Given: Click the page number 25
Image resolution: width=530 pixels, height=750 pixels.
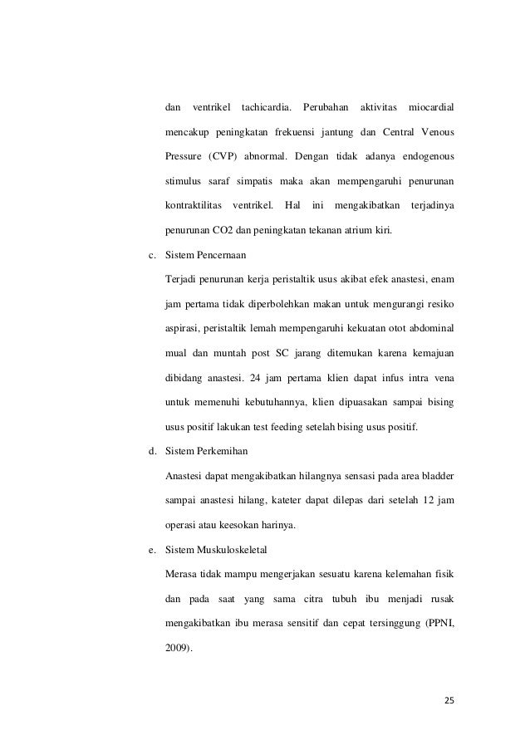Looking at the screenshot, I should tap(449, 699).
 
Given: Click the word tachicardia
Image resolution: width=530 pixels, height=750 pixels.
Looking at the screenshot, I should tap(266, 108).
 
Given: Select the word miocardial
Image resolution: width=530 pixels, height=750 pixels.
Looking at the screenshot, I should tap(431, 108).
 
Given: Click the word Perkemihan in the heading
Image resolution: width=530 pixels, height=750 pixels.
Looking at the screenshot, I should tap(218, 452).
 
